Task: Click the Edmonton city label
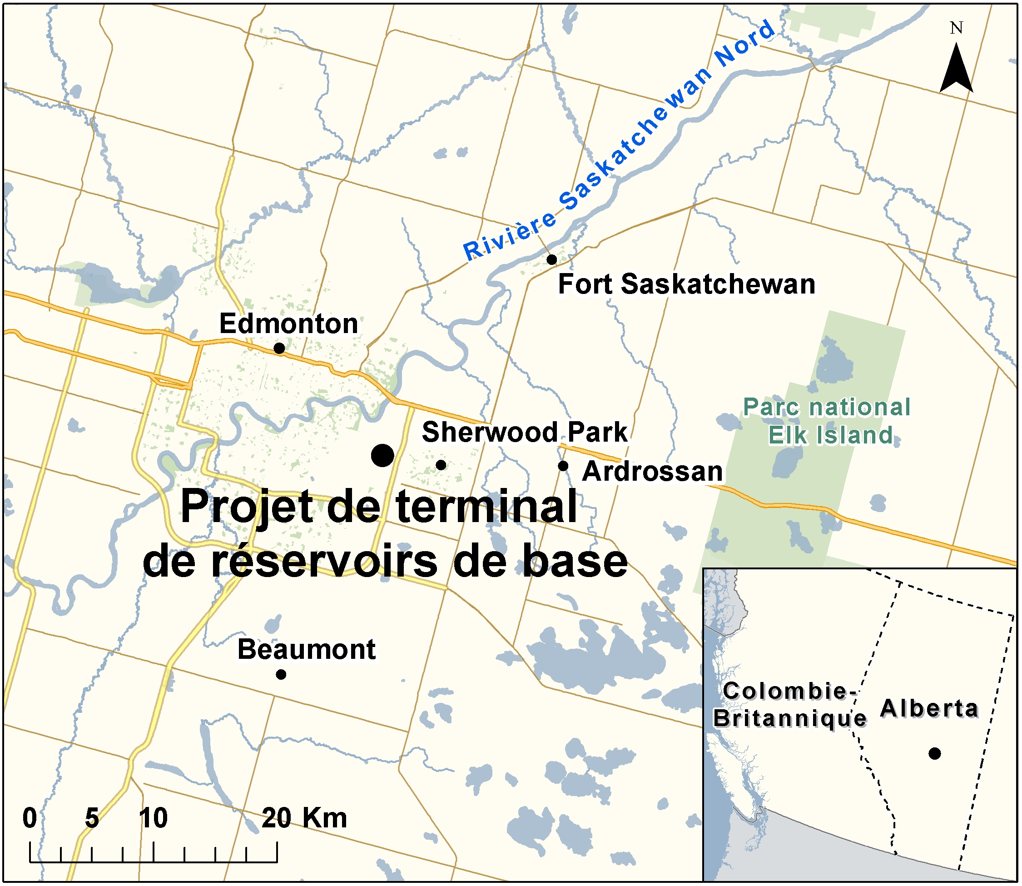pyautogui.click(x=288, y=324)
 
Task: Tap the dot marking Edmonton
pyautogui.click(x=279, y=348)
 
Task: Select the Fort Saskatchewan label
pyautogui.click(x=686, y=284)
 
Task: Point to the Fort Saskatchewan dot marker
pyautogui.click(x=552, y=259)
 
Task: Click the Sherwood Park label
pyautogui.click(x=524, y=432)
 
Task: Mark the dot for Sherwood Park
pyautogui.click(x=442, y=465)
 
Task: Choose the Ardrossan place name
pyautogui.click(x=652, y=471)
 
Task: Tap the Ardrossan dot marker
pyautogui.click(x=563, y=466)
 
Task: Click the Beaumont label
pyautogui.click(x=307, y=649)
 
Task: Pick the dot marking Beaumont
pyautogui.click(x=281, y=674)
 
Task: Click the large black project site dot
pyautogui.click(x=382, y=455)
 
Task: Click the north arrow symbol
pyautogui.click(x=956, y=69)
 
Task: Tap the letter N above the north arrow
pyautogui.click(x=956, y=28)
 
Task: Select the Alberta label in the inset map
pyautogui.click(x=929, y=708)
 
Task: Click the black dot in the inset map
pyautogui.click(x=934, y=753)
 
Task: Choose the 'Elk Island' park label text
pyautogui.click(x=830, y=435)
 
